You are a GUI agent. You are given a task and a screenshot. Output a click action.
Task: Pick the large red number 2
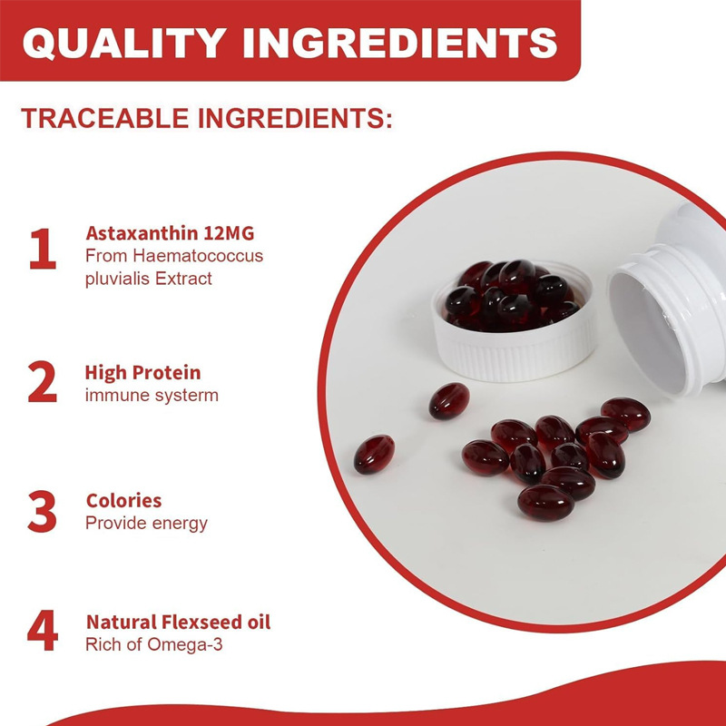coord(42,382)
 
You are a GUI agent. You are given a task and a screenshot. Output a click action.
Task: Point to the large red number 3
coord(42,512)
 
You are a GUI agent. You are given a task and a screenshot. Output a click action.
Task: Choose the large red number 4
coord(42,633)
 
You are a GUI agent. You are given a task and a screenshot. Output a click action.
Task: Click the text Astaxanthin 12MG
coord(170,233)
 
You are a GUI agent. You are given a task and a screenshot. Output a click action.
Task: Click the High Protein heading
coord(142,373)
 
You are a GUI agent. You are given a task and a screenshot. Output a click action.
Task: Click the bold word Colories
coord(123,501)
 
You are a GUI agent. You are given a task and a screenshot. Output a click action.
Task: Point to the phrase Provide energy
coord(146,524)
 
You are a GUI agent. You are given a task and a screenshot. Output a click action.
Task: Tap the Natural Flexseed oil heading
coord(178,623)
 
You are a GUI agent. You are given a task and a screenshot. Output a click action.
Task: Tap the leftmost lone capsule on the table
coord(374,453)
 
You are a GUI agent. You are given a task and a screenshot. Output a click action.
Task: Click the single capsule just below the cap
coord(448,400)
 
